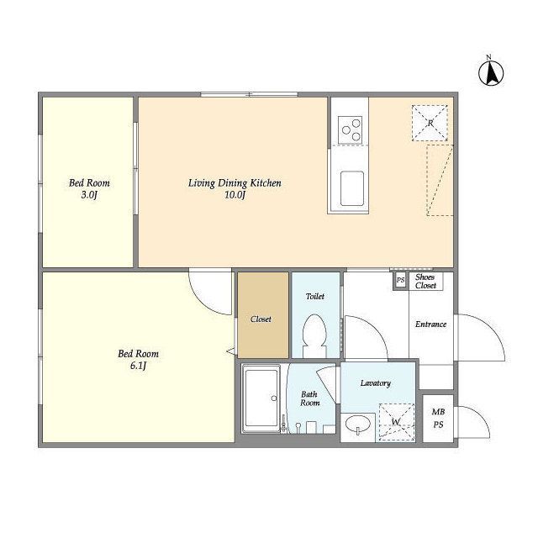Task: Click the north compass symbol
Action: (491, 72)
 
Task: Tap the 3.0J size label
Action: (89, 195)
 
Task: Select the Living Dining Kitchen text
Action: (235, 183)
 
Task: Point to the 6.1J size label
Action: (138, 366)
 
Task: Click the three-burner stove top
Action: (350, 129)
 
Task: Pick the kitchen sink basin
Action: (352, 188)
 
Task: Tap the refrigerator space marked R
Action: (430, 124)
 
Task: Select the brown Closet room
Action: (263, 315)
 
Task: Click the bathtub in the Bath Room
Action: (261, 398)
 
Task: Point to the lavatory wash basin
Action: (358, 425)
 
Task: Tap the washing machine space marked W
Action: (397, 422)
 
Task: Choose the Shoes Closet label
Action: (425, 282)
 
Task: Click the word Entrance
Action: (430, 324)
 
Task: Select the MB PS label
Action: (438, 419)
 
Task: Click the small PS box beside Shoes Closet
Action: (400, 280)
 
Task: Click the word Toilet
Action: (315, 296)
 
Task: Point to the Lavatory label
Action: (376, 383)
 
